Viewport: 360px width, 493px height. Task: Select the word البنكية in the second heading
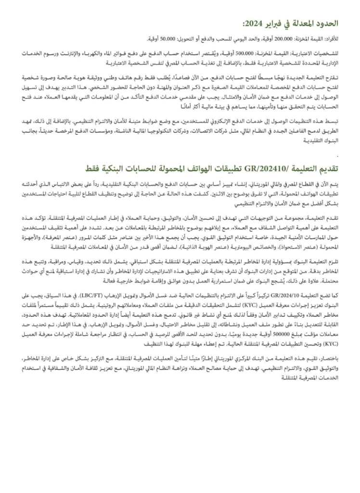[x=116, y=168]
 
